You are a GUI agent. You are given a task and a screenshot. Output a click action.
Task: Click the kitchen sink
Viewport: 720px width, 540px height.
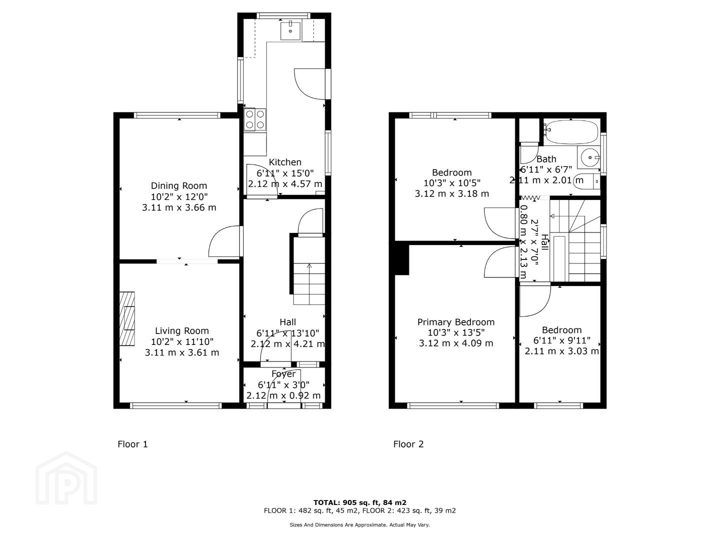pyautogui.click(x=290, y=30)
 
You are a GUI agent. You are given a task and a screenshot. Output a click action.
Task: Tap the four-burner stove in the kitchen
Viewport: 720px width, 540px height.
pyautogui.click(x=255, y=119)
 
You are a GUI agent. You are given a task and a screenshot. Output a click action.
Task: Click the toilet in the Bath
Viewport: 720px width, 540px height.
pyautogui.click(x=586, y=181)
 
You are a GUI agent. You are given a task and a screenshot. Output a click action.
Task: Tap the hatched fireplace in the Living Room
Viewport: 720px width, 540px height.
pyautogui.click(x=127, y=318)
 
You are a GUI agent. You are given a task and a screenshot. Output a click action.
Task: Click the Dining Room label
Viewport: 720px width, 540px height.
pyautogui.click(x=179, y=186)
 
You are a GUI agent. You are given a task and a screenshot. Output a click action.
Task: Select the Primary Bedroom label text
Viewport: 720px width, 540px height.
pyautogui.click(x=456, y=322)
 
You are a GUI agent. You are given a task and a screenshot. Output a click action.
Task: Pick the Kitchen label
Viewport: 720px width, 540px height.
pyautogui.click(x=285, y=162)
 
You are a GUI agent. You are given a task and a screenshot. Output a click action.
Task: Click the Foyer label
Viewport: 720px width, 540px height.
pyautogui.click(x=283, y=374)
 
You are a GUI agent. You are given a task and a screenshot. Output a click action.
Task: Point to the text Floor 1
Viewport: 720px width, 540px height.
pyautogui.click(x=133, y=444)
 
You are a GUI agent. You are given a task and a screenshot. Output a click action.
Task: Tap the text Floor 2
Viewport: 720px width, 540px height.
pyautogui.click(x=408, y=444)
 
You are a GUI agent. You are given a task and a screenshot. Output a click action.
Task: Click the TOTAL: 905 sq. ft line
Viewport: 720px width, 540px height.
pyautogui.click(x=360, y=502)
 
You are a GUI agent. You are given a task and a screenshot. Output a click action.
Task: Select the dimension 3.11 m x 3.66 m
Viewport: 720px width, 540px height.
pyautogui.click(x=179, y=207)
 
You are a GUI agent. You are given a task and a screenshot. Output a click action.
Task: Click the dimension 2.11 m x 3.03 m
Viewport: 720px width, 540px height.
pyautogui.click(x=562, y=351)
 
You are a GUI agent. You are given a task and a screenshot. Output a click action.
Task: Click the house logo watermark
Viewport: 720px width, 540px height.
pyautogui.click(x=66, y=478)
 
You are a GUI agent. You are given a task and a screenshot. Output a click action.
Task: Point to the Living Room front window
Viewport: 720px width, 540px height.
pyautogui.click(x=176, y=405)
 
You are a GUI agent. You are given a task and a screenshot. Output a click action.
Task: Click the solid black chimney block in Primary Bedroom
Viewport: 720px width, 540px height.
pyautogui.click(x=402, y=258)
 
